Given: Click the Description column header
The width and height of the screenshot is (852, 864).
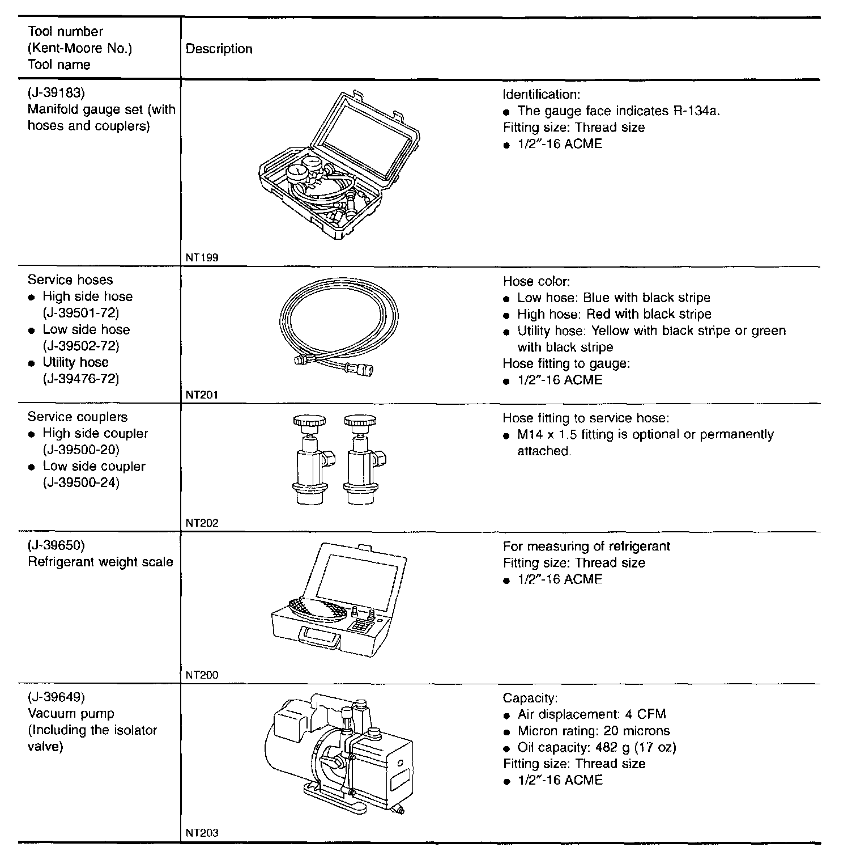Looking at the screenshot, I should pyautogui.click(x=219, y=49).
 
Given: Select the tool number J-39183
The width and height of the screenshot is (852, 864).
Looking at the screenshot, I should pyautogui.click(x=56, y=93).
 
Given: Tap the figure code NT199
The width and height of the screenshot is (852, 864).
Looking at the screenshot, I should pyautogui.click(x=202, y=257).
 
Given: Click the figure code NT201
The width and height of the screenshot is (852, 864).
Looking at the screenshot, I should pyautogui.click(x=202, y=395).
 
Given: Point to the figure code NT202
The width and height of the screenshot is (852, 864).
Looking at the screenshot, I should pyautogui.click(x=202, y=523).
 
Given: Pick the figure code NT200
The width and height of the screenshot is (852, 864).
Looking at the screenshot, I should pyautogui.click(x=202, y=675).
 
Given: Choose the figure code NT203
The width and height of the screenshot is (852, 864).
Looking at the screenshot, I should pyautogui.click(x=202, y=833).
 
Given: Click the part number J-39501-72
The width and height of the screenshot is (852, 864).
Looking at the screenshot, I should pyautogui.click(x=80, y=313).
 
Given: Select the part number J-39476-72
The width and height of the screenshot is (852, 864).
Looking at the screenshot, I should pyautogui.click(x=80, y=379).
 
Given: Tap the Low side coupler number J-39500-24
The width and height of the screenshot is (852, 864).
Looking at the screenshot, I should pyautogui.click(x=81, y=483).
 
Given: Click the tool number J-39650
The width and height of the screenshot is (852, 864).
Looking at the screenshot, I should pyautogui.click(x=56, y=545).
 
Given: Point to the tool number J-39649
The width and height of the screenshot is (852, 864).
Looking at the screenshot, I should pyautogui.click(x=56, y=697).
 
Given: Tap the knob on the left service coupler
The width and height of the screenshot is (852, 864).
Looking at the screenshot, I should pyautogui.click(x=309, y=422).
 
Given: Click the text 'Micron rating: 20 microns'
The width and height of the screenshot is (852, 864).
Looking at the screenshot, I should pyautogui.click(x=593, y=731).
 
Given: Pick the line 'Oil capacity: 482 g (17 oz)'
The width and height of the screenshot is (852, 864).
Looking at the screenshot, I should pyautogui.click(x=597, y=747).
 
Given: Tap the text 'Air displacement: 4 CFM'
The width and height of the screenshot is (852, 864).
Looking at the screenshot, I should pyautogui.click(x=591, y=714).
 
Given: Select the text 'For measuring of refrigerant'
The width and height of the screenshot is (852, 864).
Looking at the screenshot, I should pyautogui.click(x=586, y=547).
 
